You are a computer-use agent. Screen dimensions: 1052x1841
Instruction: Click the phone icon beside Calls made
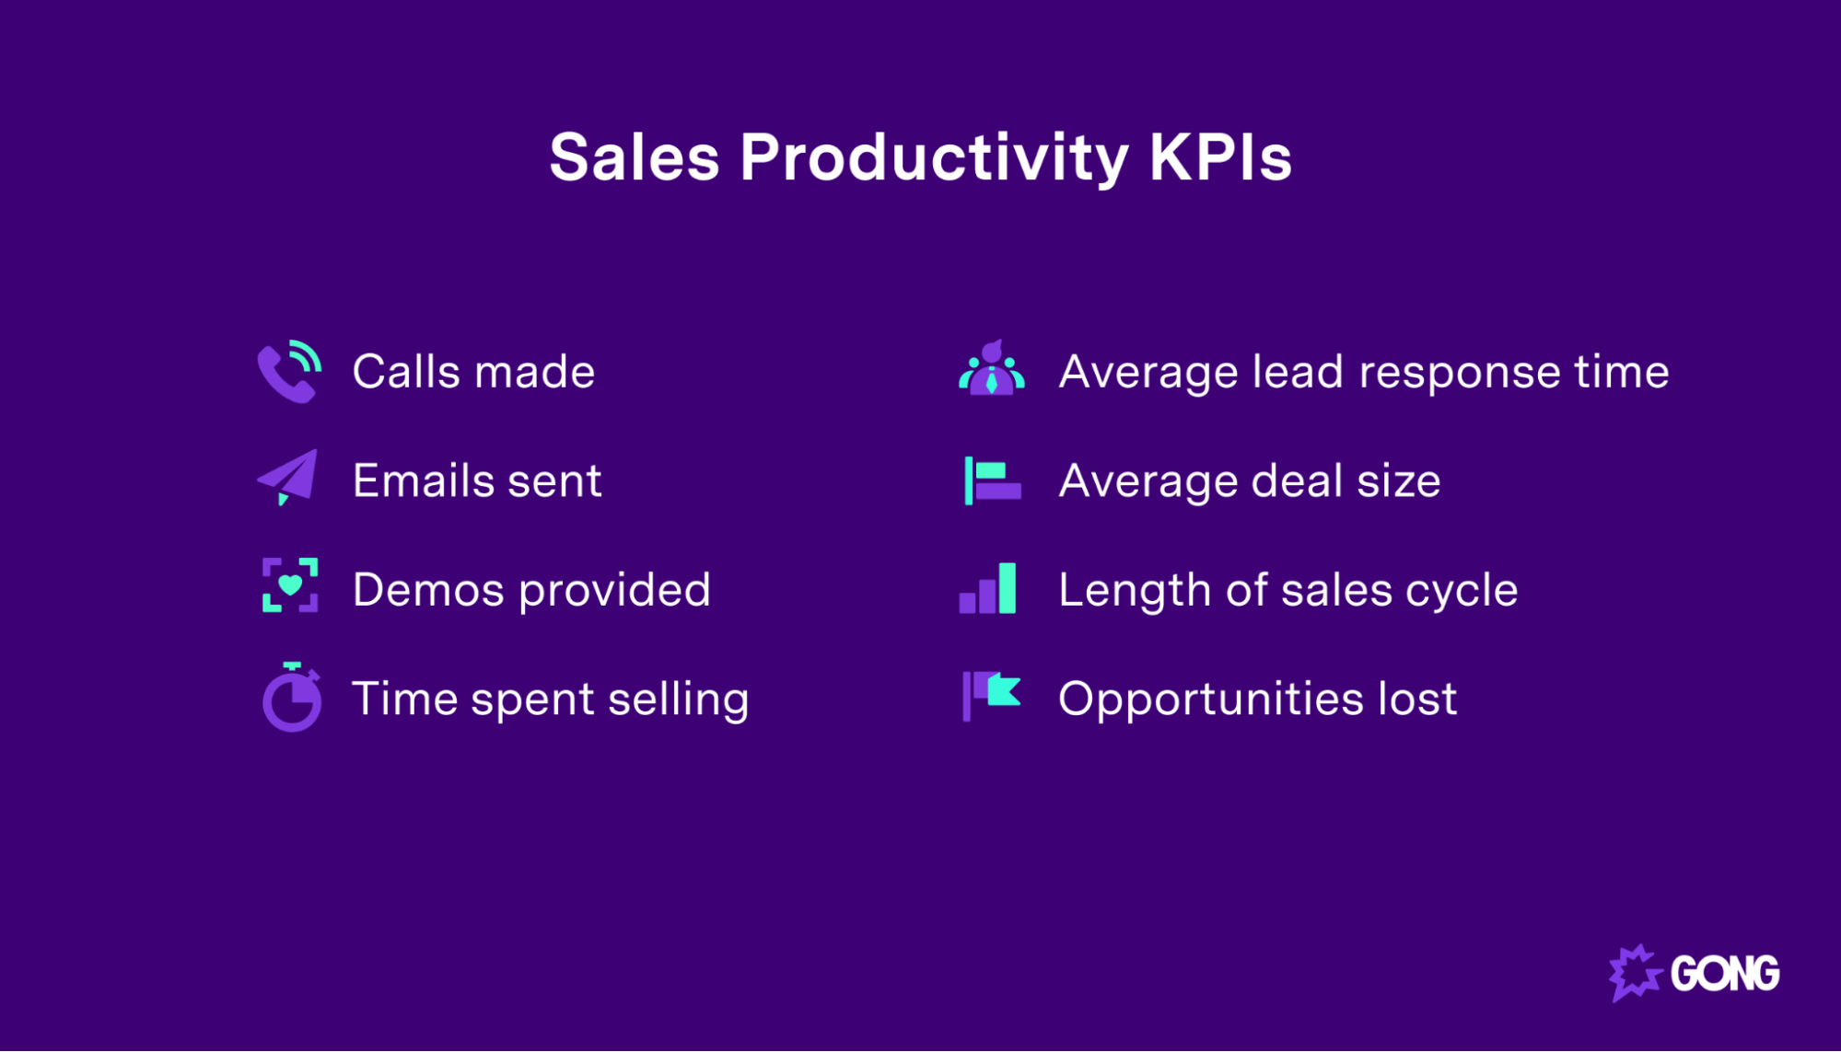288,372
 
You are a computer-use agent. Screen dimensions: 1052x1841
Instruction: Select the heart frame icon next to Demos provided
290,585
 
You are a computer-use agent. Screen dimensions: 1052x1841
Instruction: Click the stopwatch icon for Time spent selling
292,698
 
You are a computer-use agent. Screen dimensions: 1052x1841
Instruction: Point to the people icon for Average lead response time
991,370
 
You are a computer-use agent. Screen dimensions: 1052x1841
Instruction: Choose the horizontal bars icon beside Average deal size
992,480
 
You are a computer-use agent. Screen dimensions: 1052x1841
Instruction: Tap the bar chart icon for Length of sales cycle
988,589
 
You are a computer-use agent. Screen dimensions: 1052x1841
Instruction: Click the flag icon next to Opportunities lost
991,695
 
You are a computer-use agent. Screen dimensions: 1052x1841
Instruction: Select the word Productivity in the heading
933,158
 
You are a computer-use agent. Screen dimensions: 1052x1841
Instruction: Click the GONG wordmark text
1724,974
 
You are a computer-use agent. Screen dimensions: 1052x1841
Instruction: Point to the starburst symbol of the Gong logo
1635,973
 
